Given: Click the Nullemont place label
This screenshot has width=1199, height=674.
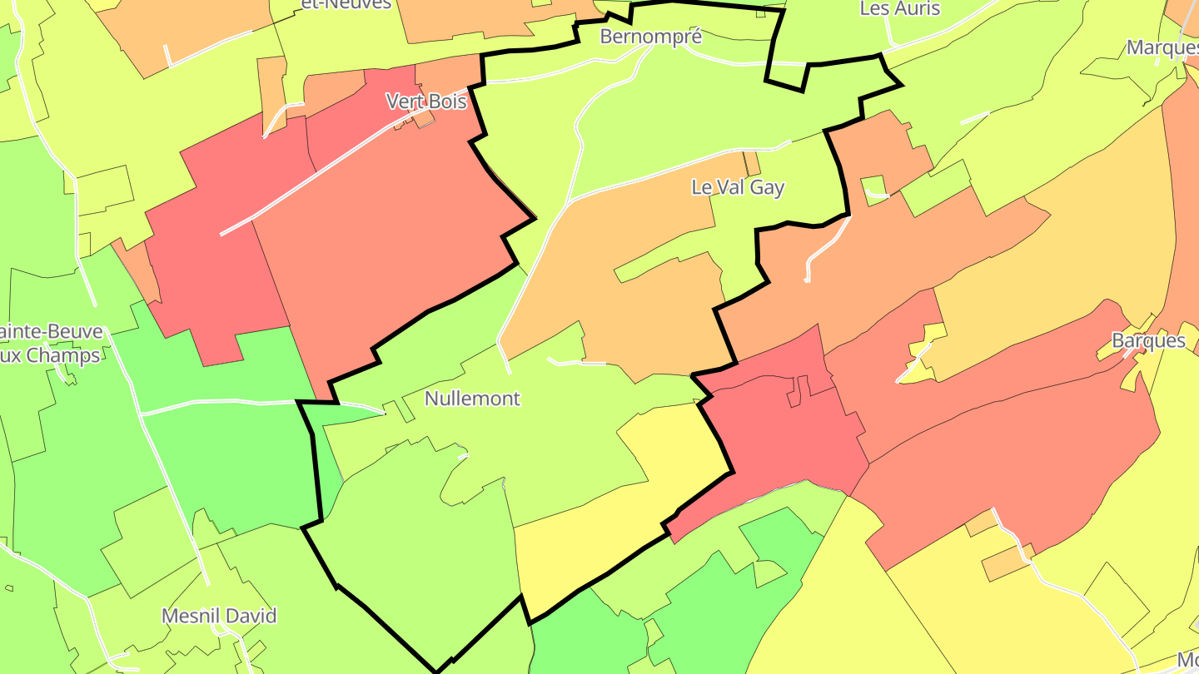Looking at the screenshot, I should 472,399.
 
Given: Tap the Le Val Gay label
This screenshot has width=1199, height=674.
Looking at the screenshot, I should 738,187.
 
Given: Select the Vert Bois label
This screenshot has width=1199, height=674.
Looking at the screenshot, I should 426,102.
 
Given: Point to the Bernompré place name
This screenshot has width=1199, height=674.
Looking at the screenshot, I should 651,37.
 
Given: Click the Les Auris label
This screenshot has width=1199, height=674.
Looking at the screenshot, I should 899,8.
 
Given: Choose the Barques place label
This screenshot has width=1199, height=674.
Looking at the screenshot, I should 1148,340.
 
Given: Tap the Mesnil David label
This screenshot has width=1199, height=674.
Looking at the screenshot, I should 219,617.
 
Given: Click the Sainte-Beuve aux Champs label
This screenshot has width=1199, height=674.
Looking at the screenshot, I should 50,344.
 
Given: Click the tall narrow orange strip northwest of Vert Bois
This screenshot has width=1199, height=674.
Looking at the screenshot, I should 271,96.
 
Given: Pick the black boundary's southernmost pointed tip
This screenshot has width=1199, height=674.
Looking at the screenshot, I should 437,671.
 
